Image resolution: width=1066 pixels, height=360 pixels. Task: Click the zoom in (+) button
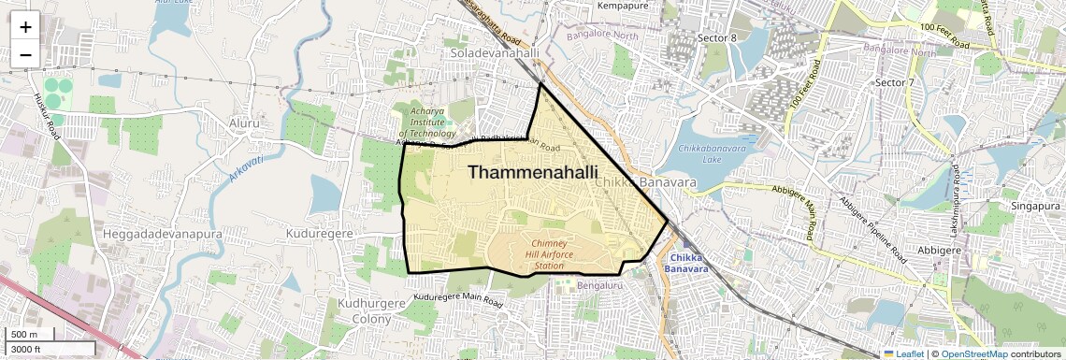(x=25, y=26)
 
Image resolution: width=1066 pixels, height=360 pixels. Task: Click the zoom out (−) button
(x=25, y=54)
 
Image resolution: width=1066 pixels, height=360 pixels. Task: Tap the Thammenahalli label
(x=532, y=172)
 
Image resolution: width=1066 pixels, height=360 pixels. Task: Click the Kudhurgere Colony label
(x=365, y=311)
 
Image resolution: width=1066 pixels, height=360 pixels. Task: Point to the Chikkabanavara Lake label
(x=713, y=153)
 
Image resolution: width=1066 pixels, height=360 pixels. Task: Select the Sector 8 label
(x=717, y=37)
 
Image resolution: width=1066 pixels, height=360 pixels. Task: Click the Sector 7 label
(x=893, y=83)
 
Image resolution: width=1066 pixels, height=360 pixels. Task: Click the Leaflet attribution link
(x=903, y=353)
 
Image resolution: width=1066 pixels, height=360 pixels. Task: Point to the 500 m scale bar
(x=28, y=335)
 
